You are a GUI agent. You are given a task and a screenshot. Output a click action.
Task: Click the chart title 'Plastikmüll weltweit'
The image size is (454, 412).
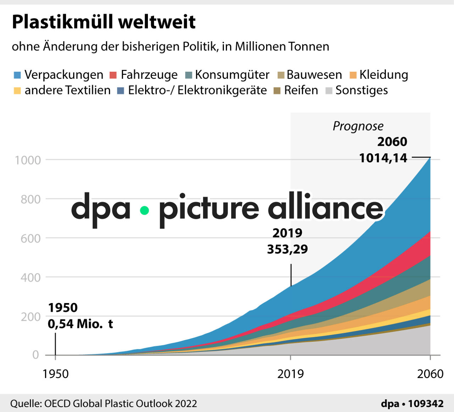point(104,22)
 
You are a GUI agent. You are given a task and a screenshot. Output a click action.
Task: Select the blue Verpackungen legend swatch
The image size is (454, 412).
point(17,75)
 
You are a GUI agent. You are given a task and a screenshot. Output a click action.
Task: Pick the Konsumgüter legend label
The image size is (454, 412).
point(232,75)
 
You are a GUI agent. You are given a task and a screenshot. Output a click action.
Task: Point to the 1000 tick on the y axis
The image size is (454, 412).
point(28,160)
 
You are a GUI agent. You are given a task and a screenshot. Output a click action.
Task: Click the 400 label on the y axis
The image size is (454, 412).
point(31,278)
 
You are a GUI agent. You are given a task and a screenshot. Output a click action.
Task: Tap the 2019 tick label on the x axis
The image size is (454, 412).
point(290,374)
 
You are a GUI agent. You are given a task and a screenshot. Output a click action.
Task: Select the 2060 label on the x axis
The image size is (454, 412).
point(430,374)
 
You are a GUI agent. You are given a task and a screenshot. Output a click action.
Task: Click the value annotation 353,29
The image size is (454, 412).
point(287,249)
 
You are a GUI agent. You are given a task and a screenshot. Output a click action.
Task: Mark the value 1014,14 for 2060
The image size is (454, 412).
point(383,158)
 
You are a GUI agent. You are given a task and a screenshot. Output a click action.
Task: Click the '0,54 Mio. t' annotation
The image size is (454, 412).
point(80,324)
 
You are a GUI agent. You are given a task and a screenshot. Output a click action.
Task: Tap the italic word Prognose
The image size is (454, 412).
point(358,126)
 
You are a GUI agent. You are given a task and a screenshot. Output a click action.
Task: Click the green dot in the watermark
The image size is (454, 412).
point(144,210)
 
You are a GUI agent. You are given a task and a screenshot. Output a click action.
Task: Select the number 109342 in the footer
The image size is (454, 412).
point(426,404)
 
